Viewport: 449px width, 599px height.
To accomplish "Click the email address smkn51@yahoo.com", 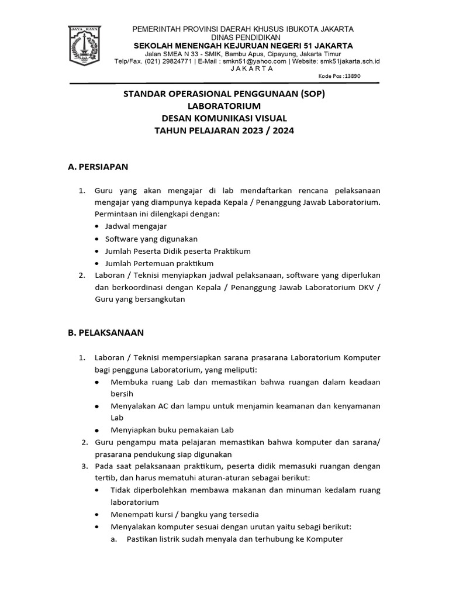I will [257, 61].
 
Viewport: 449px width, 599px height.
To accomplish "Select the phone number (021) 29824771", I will [160, 61].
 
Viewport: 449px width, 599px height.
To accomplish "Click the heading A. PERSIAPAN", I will [98, 167].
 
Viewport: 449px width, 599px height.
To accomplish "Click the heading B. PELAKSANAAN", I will [106, 333].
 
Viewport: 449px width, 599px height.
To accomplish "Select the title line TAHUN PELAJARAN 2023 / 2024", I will [224, 130].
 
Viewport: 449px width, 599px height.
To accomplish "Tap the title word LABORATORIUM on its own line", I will [224, 106].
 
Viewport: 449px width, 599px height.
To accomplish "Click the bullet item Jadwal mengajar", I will [136, 226].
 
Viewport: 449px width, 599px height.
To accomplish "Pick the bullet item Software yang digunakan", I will [151, 239].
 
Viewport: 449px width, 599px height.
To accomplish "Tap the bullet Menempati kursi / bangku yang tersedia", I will [185, 515].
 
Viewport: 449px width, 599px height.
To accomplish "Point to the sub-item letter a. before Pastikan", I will [115, 539].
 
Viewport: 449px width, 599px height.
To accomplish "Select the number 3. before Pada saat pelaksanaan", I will [85, 466].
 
